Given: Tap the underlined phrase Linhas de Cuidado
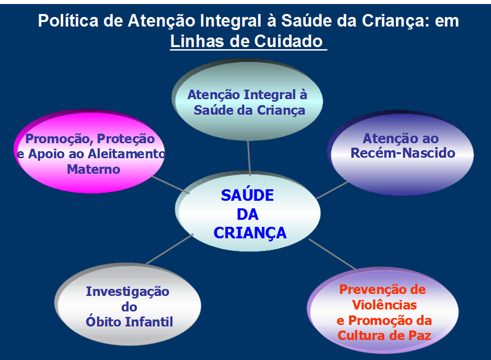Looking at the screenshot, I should coord(247,41).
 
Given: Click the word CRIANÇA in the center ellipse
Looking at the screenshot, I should coord(250,233).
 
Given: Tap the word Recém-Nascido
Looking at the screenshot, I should coord(403,153).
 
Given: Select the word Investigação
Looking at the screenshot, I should coord(127,291).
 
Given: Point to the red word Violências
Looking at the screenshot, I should coord(384,304).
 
